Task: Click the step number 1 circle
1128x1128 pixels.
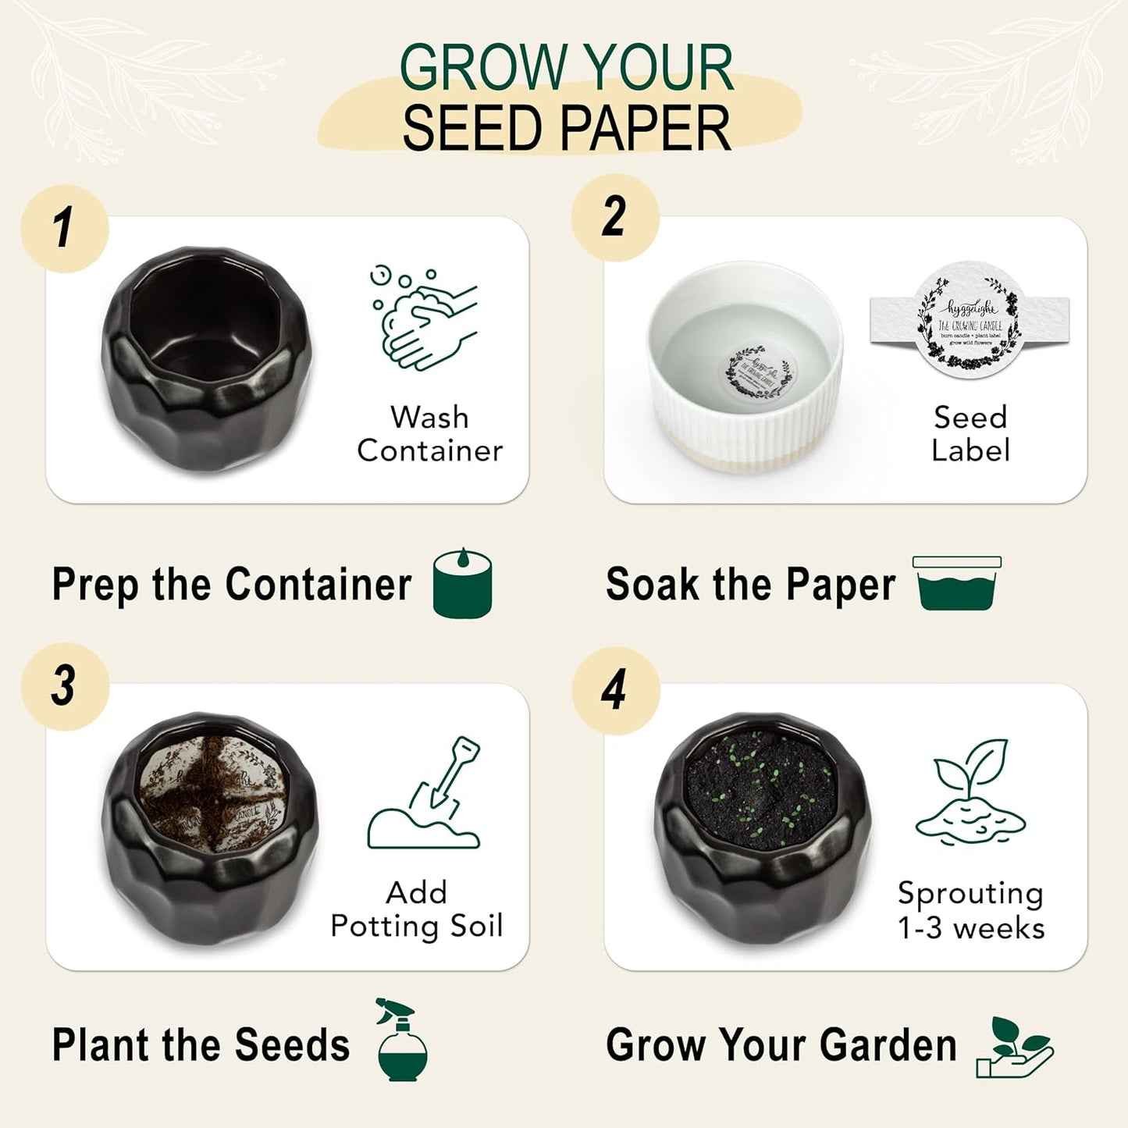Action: pyautogui.click(x=64, y=229)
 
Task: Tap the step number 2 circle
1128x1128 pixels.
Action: pyautogui.click(x=615, y=217)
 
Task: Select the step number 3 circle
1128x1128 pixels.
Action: pyautogui.click(x=65, y=687)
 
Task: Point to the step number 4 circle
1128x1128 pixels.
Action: pyautogui.click(x=615, y=690)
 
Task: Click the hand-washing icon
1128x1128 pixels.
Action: pyautogui.click(x=423, y=317)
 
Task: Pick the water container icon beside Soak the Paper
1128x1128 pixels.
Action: pyautogui.click(x=957, y=583)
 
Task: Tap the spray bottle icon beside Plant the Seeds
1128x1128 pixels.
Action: pyautogui.click(x=401, y=1040)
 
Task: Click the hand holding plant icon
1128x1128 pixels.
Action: pyautogui.click(x=1015, y=1048)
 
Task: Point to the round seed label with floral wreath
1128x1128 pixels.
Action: pyautogui.click(x=970, y=320)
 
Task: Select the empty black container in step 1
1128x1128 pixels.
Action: pyautogui.click(x=207, y=359)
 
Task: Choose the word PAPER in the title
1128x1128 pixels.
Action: pyautogui.click(x=646, y=129)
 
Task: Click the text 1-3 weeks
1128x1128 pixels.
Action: pyautogui.click(x=971, y=928)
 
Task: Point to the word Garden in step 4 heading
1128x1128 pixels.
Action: pyautogui.click(x=888, y=1044)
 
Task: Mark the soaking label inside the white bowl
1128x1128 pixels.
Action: pyautogui.click(x=760, y=373)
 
